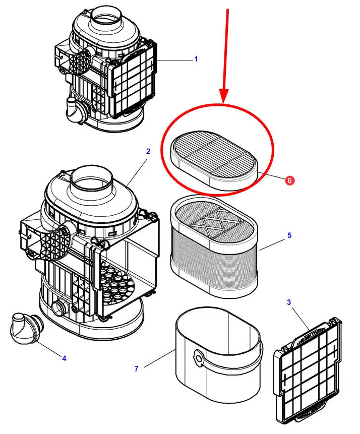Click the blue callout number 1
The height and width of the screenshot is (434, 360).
196,59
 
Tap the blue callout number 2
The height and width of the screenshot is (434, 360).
148,151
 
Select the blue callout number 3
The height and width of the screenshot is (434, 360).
289,302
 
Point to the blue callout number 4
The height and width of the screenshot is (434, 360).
64,358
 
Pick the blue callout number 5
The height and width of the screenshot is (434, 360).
289,235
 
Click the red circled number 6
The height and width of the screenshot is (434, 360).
289,179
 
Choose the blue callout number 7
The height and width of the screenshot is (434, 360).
136,369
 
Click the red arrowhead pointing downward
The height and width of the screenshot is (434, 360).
224,96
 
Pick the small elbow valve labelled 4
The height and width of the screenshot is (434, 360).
25,328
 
